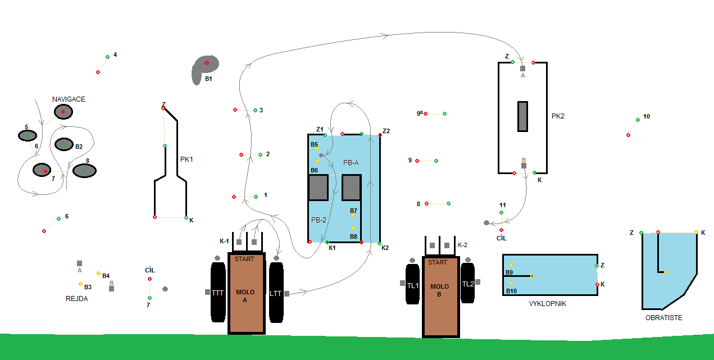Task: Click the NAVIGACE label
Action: pyautogui.click(x=69, y=99)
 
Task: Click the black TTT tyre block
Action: pyautogui.click(x=218, y=293)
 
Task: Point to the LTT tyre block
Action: pyautogui.click(x=275, y=293)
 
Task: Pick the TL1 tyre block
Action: pyautogui.click(x=413, y=285)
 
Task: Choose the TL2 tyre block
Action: pyautogui.click(x=467, y=284)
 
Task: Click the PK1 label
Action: pyautogui.click(x=187, y=160)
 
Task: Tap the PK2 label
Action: pyautogui.click(x=558, y=116)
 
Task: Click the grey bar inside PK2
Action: pyautogui.click(x=522, y=116)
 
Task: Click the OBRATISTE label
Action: pyautogui.click(x=663, y=318)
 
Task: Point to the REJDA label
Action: pyautogui.click(x=77, y=299)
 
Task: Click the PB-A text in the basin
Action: pyautogui.click(x=351, y=162)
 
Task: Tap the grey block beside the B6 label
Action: pyautogui.click(x=318, y=188)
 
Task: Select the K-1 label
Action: pyautogui.click(x=224, y=241)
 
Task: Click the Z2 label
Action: pyautogui.click(x=386, y=131)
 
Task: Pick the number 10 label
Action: pyautogui.click(x=647, y=116)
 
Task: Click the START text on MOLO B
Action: pyautogui.click(x=438, y=262)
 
